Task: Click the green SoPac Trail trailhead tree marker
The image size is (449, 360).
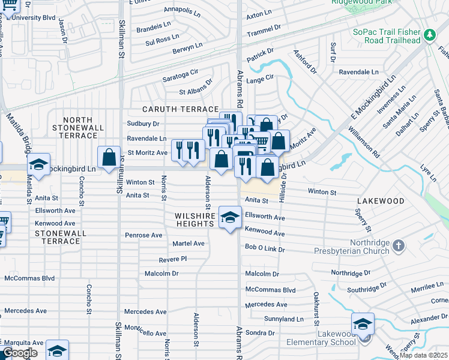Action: [429, 35]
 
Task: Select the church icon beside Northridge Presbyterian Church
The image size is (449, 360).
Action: [400, 246]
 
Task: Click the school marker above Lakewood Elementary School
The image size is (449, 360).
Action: [363, 325]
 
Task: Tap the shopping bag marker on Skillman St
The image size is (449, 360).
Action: [109, 158]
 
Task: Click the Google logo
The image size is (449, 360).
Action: [19, 353]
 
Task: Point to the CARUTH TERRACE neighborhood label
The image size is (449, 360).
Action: [180, 109]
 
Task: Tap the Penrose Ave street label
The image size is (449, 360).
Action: [143, 235]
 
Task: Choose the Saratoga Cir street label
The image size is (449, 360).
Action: [180, 76]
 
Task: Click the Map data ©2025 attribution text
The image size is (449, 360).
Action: [424, 355]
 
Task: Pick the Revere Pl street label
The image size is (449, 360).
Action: [173, 259]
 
